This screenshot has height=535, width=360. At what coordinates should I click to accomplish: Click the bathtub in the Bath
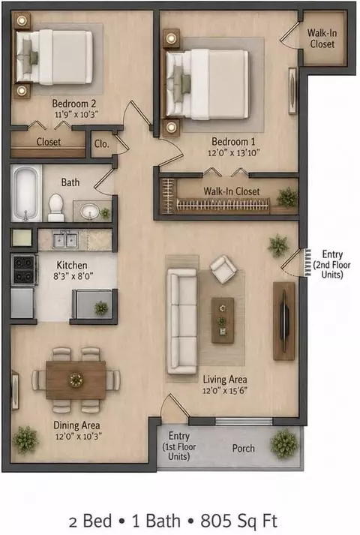coord(26,193)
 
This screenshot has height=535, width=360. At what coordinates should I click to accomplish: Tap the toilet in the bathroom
coord(56,208)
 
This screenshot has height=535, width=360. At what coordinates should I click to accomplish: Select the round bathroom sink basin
coord(90,212)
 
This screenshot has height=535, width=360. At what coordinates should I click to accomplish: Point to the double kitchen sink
coord(65,239)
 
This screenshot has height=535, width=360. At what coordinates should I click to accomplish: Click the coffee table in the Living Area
coord(223,320)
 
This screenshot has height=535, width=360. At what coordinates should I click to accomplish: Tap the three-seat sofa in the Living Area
coord(181,321)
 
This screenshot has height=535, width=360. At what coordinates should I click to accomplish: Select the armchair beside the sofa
coord(223,269)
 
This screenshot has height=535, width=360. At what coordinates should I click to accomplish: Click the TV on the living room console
coord(284,321)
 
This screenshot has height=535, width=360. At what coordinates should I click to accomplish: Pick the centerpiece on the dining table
coord(76,380)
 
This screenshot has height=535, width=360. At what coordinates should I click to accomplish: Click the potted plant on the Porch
coord(284,443)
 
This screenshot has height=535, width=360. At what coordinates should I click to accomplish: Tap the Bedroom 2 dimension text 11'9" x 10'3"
coord(76,114)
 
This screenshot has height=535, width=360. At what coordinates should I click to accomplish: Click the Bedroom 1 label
coord(233,141)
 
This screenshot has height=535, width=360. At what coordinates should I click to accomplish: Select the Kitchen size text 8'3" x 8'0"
coord(73,275)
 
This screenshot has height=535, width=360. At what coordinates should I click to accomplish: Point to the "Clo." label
coord(101,143)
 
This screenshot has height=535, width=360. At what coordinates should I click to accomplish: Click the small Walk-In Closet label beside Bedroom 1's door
coord(322,38)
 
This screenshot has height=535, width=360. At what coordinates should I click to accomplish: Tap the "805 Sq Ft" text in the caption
coord(238,521)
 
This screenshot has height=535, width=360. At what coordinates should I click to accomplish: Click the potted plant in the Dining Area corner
coord(25,440)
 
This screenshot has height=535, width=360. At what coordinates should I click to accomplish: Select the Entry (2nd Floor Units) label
coord(332,264)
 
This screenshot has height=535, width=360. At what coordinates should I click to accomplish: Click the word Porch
coord(244,448)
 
